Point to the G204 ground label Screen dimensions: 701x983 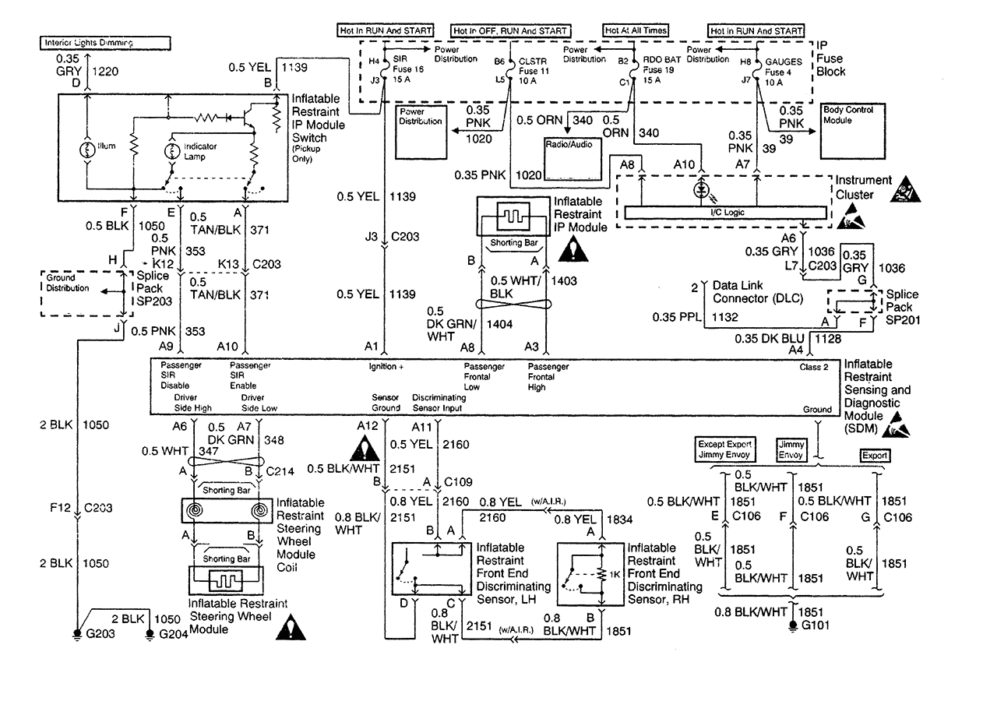point(173,634)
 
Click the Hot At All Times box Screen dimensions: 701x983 point(635,31)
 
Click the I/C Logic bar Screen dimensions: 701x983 point(724,213)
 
